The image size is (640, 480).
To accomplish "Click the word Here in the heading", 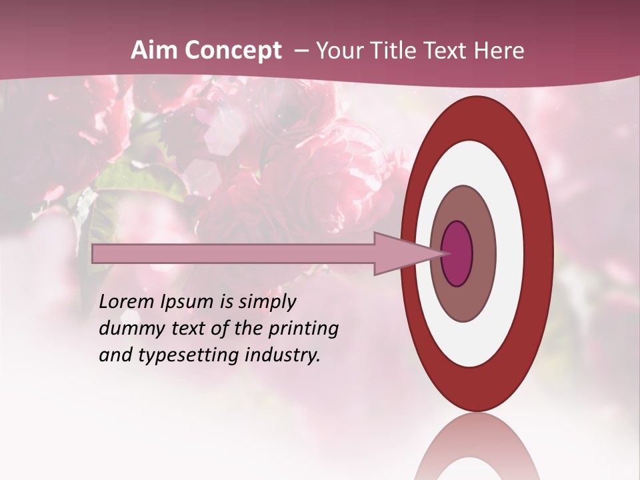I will pyautogui.click(x=501, y=51).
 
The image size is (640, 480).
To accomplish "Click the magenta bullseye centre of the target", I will pyautogui.click(x=457, y=254).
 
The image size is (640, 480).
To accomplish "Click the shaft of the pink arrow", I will pyautogui.click(x=233, y=254).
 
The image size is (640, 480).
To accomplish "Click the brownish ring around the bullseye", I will pyautogui.click(x=484, y=253).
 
